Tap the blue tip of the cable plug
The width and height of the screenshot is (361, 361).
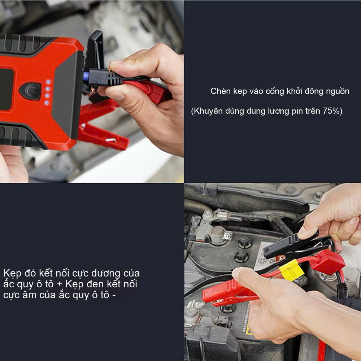pos(86,77)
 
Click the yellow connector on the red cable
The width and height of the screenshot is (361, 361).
pos(291,270)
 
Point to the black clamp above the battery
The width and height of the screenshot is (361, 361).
pos(289,245)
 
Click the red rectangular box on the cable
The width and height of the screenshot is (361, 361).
pos(327,262)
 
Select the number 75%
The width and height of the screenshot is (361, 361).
pos(332,111)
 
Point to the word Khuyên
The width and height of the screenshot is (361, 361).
pos(207,111)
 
